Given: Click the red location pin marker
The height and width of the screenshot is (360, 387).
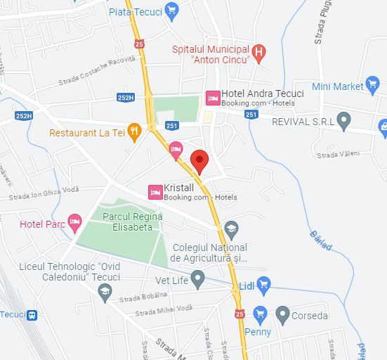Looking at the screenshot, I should coord(199,161).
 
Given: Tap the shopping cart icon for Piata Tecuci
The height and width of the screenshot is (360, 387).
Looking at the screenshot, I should coord(172,11).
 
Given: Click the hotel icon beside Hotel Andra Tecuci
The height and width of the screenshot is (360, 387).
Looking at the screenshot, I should coord(212,98).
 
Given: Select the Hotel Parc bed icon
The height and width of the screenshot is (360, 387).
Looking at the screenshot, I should coord(74,224).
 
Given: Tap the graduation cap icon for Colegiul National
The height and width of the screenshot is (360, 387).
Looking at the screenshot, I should coord(231,229).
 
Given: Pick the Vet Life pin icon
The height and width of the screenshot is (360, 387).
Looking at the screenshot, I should coord(198,279).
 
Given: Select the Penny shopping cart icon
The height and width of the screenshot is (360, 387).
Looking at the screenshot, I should coord(260,314).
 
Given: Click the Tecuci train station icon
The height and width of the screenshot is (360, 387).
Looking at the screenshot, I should coord(32,315).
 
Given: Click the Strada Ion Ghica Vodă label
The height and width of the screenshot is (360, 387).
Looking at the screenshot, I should coord(44,191).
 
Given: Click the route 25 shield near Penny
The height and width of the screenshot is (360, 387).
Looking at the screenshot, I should coord(240,314).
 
